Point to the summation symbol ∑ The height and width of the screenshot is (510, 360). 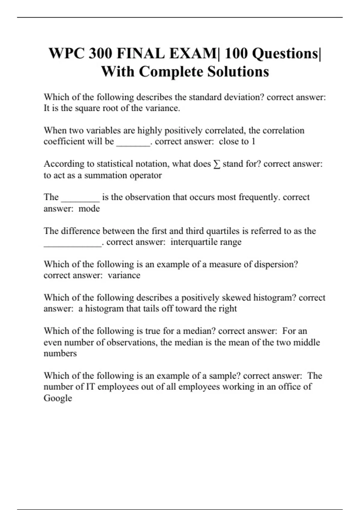217,164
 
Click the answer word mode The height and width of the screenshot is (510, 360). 89,208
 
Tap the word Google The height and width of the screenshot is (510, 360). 58,398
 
